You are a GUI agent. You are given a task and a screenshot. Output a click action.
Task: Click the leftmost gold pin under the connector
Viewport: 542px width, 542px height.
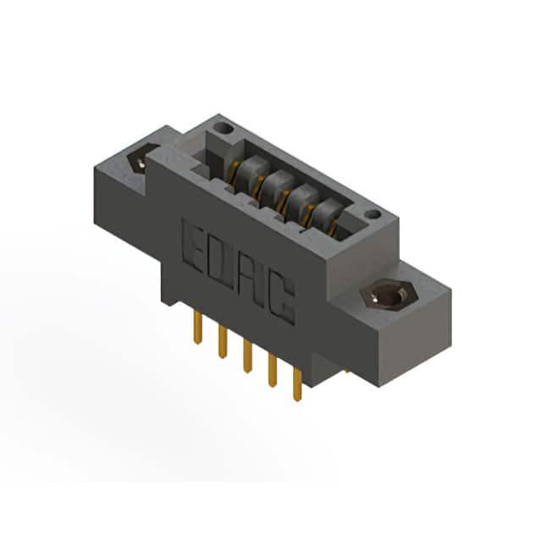[x=197, y=326]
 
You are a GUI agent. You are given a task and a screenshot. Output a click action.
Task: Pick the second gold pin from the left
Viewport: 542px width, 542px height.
[x=223, y=341]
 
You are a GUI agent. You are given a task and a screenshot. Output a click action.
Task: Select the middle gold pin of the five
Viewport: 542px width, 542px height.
[x=247, y=356]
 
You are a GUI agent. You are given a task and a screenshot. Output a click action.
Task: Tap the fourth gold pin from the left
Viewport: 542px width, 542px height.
[x=273, y=370]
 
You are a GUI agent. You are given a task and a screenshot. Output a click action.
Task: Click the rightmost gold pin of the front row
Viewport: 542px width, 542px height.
[x=297, y=384]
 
